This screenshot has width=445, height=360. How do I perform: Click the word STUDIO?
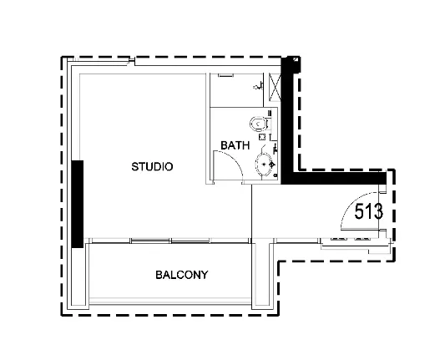(152, 167)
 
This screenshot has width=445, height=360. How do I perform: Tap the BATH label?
(235, 145)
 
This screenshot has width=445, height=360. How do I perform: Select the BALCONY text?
(182, 275)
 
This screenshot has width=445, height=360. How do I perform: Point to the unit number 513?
(369, 211)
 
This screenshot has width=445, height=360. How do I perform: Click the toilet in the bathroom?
(259, 124)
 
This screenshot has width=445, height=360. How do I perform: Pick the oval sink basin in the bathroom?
(263, 164)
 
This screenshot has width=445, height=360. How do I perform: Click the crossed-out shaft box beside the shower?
(275, 87)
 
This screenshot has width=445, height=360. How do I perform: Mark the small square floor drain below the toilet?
(262, 137)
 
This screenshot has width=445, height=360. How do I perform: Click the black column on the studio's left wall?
(77, 204)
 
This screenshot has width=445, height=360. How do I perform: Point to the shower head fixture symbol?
(258, 86)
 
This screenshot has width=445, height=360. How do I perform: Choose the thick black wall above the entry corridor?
(334, 178)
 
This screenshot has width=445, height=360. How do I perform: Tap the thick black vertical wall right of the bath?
(286, 120)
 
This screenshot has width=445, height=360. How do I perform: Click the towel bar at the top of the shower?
(225, 75)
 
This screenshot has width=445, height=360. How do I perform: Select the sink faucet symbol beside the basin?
(272, 164)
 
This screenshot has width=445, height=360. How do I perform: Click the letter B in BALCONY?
(159, 275)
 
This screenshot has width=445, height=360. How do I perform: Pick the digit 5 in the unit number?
(359, 211)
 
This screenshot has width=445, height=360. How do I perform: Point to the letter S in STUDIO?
(134, 167)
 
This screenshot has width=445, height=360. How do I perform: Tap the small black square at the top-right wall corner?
(296, 59)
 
